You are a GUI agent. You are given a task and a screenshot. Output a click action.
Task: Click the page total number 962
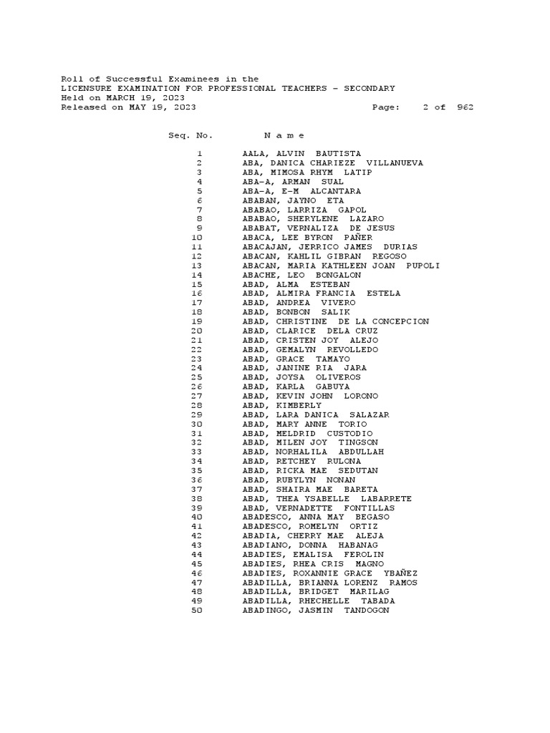point(465,107)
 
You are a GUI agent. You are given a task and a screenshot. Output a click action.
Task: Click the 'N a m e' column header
point(284,135)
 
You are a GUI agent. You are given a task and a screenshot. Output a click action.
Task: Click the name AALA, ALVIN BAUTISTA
point(301,154)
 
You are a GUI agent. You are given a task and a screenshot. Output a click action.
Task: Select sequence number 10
point(197,238)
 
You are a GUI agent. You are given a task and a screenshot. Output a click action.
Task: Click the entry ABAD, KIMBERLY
point(281,405)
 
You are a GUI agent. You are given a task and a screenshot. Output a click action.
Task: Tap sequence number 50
point(197,610)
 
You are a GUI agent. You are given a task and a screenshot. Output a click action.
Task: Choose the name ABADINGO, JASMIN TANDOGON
point(316,610)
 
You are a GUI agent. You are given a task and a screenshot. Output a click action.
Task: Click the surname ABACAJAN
point(265,247)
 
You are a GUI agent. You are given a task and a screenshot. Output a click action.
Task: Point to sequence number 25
point(197,377)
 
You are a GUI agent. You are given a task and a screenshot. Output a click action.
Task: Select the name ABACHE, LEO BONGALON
point(301,275)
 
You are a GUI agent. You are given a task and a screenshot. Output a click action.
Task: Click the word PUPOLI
point(423,266)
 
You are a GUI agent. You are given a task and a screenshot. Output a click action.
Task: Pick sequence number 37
point(197,489)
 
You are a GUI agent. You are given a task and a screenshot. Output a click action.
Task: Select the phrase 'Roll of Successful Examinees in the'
point(160,79)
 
